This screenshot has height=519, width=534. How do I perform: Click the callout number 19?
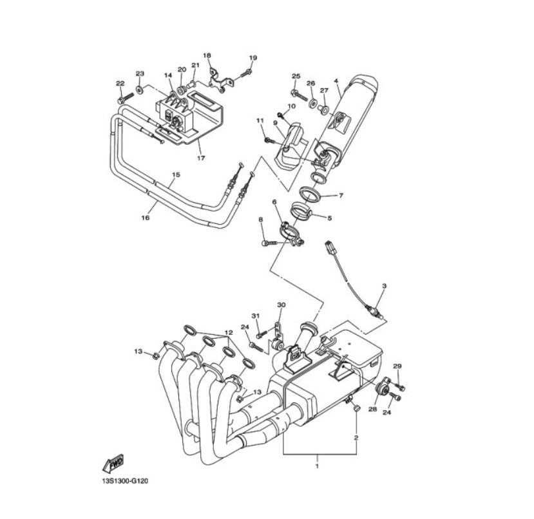[x=253, y=58]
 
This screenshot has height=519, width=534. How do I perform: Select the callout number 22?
[x=120, y=83]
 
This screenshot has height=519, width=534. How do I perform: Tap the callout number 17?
[x=200, y=158]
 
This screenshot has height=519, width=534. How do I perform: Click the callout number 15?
[x=176, y=175]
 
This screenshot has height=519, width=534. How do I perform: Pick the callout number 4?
[x=336, y=81]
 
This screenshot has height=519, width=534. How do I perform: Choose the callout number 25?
[x=296, y=77]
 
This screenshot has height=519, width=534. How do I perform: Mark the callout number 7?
[x=341, y=195]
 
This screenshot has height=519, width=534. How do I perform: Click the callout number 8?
[x=261, y=220]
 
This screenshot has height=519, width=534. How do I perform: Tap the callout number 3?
[x=384, y=285]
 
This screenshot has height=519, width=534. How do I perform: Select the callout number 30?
[x=280, y=305]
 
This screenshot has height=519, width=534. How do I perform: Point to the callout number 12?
[x=227, y=333]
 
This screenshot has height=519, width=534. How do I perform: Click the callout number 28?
[x=372, y=410]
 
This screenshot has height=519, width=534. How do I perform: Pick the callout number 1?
[x=316, y=464]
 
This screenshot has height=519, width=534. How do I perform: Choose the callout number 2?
[x=355, y=438]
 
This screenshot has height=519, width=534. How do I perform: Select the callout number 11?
[x=260, y=120]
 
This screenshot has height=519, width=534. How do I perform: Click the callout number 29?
[x=397, y=366]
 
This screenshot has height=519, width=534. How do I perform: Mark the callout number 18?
[x=207, y=55]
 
